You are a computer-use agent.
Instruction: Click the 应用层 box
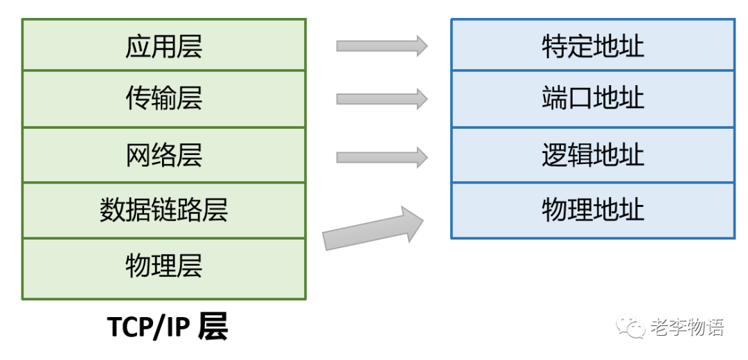pos(163,46)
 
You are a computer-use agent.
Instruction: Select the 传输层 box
pos(163,98)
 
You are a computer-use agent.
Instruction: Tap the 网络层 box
pos(163,155)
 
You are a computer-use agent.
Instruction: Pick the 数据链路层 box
pos(163,210)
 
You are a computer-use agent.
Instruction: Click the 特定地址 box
pos(593,46)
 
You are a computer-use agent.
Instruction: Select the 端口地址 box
pos(593,98)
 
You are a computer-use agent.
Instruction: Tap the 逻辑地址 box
pos(593,155)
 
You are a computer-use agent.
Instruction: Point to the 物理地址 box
pos(593,210)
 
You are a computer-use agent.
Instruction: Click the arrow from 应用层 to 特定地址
pos(382,46)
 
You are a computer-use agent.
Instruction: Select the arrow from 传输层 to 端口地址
pos(382,99)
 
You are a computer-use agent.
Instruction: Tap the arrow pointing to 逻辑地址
pos(382,157)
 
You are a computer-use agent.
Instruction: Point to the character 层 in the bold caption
pos(212,327)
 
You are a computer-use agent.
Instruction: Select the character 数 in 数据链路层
pos(112,210)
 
